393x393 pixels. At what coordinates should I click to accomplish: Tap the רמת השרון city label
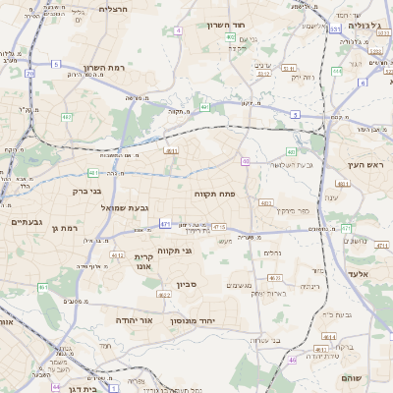coord(105,67)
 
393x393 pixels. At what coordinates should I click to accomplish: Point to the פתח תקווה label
coord(213,195)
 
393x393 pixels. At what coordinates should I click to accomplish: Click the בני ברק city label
coord(92,191)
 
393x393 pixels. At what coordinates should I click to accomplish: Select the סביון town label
coord(187,285)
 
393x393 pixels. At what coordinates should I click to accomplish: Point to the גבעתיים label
coord(26,223)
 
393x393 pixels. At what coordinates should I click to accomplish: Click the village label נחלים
coord(273,253)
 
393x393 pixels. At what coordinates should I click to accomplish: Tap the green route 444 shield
coord(336,71)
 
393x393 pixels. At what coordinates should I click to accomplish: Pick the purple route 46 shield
coord(292,361)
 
